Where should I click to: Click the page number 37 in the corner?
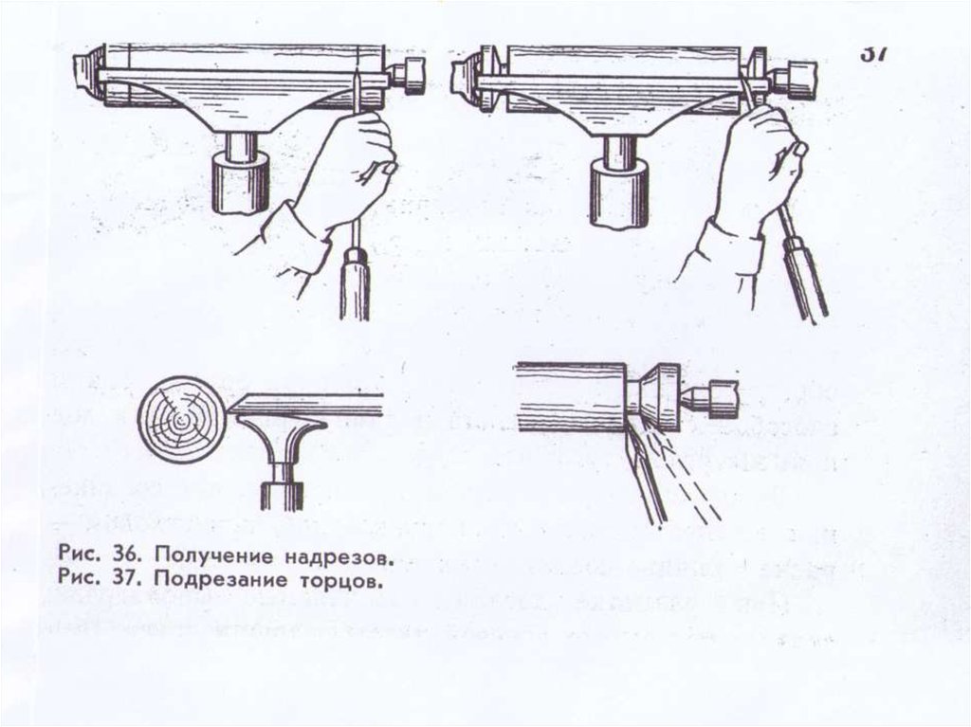(x=873, y=53)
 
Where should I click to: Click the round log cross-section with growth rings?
(x=179, y=415)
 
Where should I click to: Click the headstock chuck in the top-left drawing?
(x=86, y=73)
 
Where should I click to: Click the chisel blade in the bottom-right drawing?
(x=644, y=474)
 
